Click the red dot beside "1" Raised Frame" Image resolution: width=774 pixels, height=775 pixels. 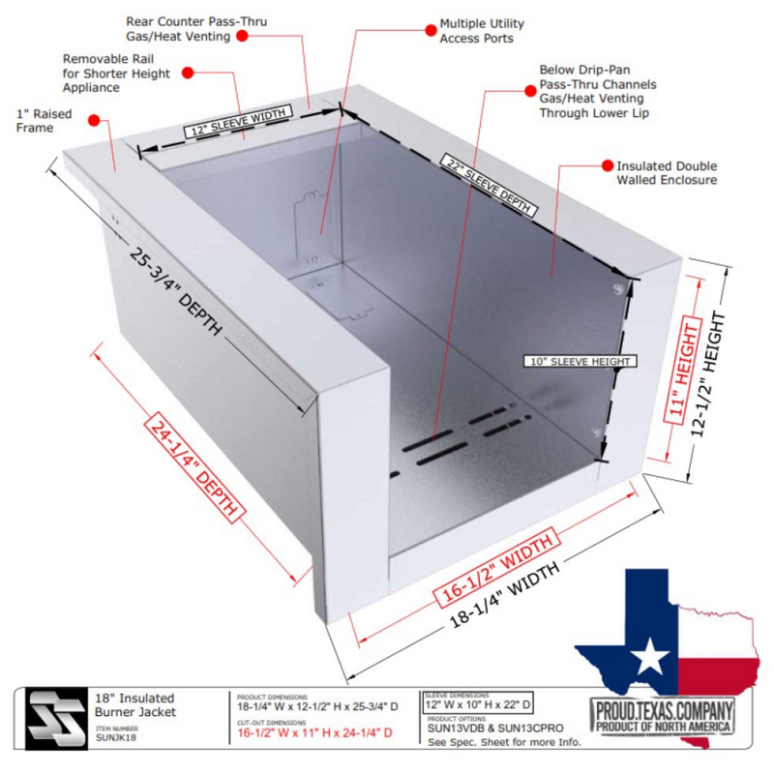tap(94, 120)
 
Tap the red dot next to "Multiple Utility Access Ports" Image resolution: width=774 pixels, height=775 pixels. tap(431, 30)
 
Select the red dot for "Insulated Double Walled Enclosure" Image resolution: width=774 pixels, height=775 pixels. tap(608, 166)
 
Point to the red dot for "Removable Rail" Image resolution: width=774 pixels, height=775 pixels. tap(188, 73)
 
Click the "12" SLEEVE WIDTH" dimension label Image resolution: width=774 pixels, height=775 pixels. tap(238, 121)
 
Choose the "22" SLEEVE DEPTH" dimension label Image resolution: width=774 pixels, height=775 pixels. tap(489, 185)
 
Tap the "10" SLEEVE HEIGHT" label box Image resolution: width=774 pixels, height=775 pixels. tap(580, 361)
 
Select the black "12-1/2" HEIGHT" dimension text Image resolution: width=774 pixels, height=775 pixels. tap(708, 374)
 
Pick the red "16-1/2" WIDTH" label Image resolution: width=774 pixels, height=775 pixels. tap(496, 568)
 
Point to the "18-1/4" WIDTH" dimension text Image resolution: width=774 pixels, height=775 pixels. tap(504, 595)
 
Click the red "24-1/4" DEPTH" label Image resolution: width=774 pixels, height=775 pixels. tap(194, 467)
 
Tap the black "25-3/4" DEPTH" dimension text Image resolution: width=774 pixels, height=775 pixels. tap(175, 291)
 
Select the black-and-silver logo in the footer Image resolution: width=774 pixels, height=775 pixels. tap(55, 718)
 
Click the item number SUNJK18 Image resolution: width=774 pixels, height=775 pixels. tap(116, 737)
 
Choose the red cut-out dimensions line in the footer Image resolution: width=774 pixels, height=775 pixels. tap(314, 732)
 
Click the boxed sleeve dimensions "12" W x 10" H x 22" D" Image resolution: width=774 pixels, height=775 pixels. tap(478, 704)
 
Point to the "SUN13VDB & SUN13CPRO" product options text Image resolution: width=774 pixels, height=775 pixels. tap(495, 728)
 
